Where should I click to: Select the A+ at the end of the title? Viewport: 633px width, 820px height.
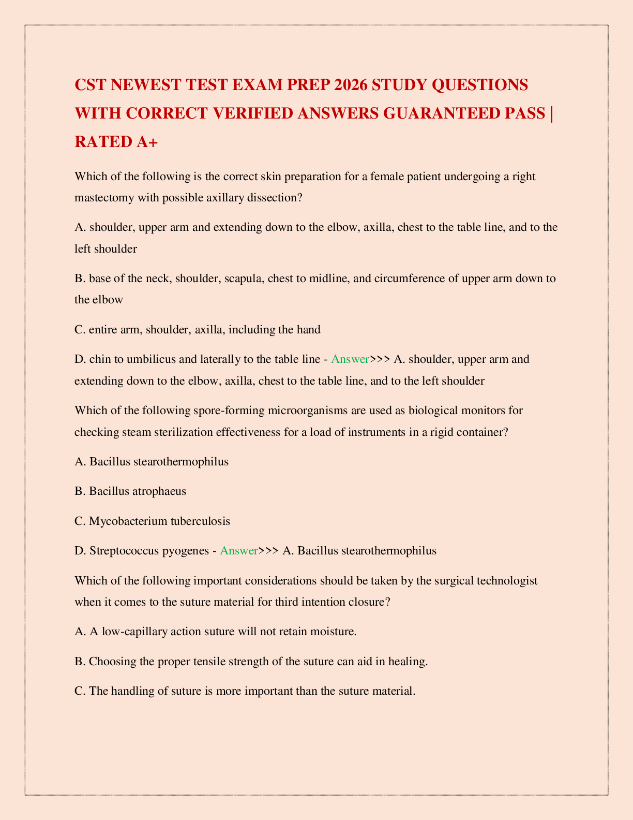tap(147, 141)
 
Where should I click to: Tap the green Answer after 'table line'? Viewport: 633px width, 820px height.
tap(350, 359)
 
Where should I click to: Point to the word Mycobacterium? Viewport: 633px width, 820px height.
tap(128, 521)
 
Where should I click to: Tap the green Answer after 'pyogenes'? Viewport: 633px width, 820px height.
tap(239, 551)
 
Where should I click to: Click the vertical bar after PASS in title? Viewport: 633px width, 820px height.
tap(552, 113)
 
